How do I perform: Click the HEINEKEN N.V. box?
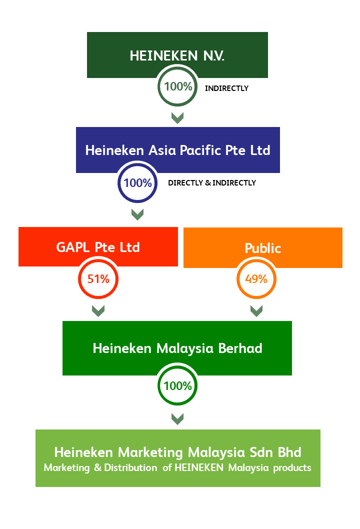177,54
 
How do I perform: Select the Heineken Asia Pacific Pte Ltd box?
177,150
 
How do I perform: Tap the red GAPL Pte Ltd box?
98,247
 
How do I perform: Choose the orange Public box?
263,248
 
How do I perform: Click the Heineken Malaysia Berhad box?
177,348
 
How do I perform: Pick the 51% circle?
98,279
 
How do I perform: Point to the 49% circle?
256,279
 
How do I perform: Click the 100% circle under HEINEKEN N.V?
177,86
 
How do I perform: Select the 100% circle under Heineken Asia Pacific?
137,183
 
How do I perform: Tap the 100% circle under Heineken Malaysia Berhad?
177,386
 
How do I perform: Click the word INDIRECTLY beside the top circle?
226,88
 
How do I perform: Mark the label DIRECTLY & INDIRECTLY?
212,183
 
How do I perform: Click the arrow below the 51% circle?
98,310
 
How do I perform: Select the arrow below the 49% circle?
256,310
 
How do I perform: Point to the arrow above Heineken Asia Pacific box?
177,117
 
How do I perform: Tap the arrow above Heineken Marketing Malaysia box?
177,418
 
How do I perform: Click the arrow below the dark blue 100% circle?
137,214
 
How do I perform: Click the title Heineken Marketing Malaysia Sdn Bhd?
177,452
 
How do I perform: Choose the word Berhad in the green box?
240,348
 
